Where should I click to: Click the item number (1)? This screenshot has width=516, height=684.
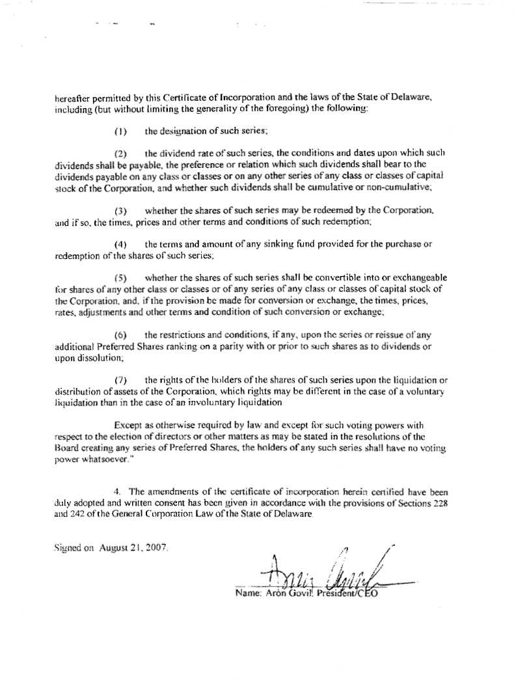(120, 131)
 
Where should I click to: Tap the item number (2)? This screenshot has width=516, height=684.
(120, 154)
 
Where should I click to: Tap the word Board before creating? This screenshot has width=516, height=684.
(66, 447)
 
